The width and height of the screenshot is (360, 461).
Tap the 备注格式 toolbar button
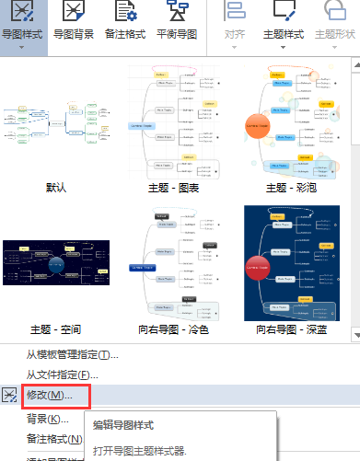pyautogui.click(x=125, y=24)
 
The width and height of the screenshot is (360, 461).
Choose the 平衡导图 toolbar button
pyautogui.click(x=177, y=24)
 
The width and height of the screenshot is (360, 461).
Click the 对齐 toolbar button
pyautogui.click(x=236, y=24)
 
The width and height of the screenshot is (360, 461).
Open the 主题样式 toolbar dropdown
pyautogui.click(x=284, y=24)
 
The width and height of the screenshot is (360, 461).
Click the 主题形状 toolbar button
pyautogui.click(x=335, y=24)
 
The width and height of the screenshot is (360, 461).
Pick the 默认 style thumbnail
pyautogui.click(x=56, y=120)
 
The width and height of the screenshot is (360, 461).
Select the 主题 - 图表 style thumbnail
pyautogui.click(x=176, y=120)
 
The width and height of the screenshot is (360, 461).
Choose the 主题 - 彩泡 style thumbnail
pyautogui.click(x=299, y=120)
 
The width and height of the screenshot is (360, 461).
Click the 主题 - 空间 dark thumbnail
pyautogui.click(x=56, y=263)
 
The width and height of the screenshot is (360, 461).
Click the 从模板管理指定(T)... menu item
pyautogui.click(x=73, y=355)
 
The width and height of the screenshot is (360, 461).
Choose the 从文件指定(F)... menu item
pyautogui.click(x=62, y=375)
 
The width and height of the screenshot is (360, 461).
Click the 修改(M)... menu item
pyautogui.click(x=50, y=395)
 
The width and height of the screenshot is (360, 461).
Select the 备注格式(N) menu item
pyautogui.click(x=52, y=438)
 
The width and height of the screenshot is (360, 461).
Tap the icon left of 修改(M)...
pyautogui.click(x=10, y=395)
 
